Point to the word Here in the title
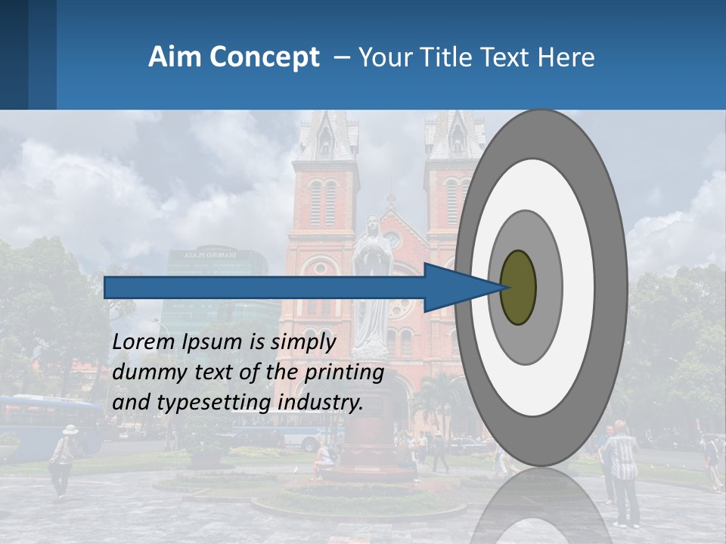click(x=568, y=57)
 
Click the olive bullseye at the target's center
click(x=518, y=287)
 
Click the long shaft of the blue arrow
click(x=265, y=287)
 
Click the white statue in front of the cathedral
click(x=371, y=287)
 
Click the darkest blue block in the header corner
click(x=14, y=54)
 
